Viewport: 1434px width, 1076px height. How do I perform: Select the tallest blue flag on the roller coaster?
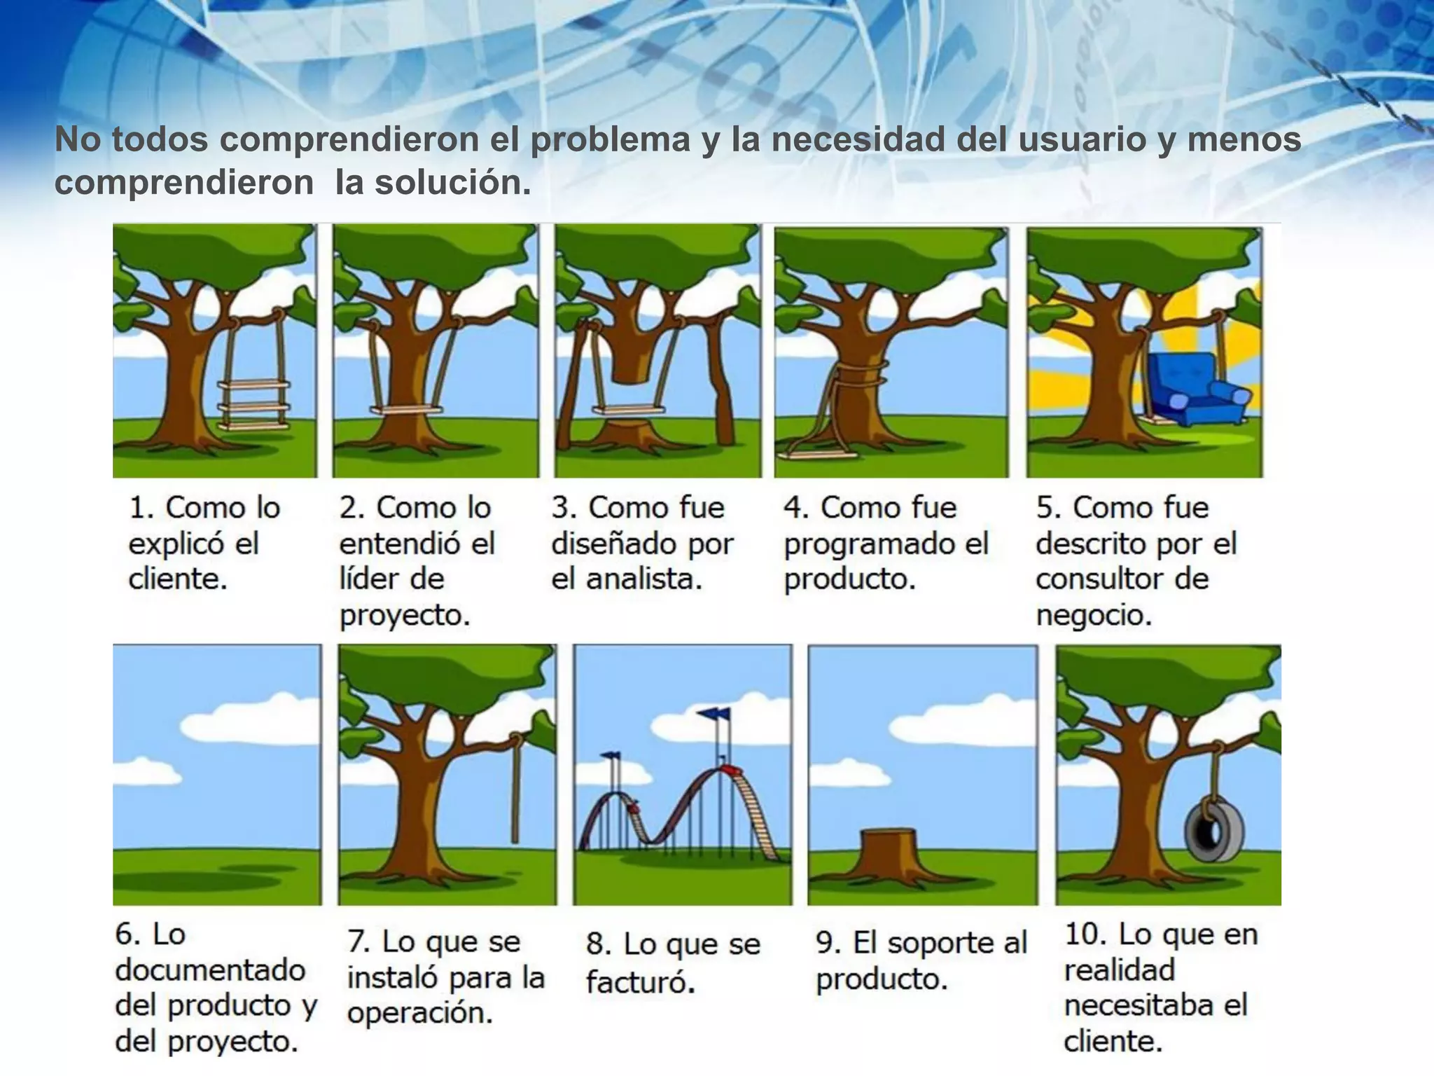[x=713, y=714]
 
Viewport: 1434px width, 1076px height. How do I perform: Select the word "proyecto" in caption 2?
[x=405, y=616]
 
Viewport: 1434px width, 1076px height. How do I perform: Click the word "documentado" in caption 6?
[x=210, y=970]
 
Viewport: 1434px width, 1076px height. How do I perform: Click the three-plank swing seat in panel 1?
[x=253, y=405]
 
